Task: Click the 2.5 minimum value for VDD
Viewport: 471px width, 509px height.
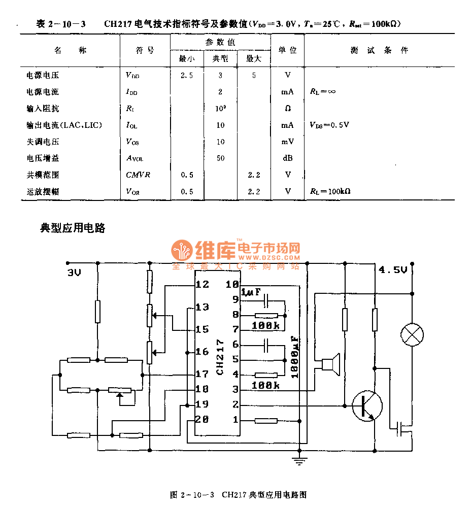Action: [187, 75]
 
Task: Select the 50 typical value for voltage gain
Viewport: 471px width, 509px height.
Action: [220, 158]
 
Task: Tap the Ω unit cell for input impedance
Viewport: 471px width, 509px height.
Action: [288, 109]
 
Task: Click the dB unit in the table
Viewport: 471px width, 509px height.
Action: [288, 158]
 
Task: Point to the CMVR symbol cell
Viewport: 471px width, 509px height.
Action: [138, 175]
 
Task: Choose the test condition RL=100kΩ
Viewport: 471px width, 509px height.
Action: [330, 191]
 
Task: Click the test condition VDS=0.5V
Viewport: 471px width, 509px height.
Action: [329, 125]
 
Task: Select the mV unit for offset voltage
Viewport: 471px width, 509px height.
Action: [288, 142]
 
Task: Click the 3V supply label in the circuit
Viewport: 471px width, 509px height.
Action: [74, 273]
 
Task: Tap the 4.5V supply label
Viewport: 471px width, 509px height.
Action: [393, 270]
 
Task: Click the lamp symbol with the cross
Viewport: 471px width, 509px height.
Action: [412, 334]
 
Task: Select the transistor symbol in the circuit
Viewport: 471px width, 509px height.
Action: [367, 405]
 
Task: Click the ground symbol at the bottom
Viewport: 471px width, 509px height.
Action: [300, 461]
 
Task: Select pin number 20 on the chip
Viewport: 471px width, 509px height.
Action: [202, 419]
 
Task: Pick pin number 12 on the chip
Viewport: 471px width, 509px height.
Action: [202, 284]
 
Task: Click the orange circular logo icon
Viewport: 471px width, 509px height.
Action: [181, 250]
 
